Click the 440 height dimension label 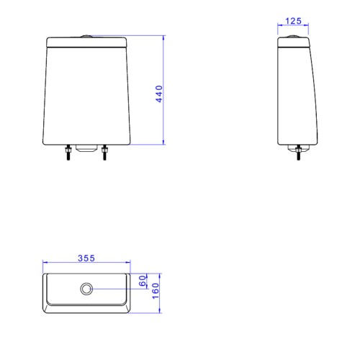pyautogui.click(x=159, y=94)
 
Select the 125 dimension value pyautogui.click(x=293, y=21)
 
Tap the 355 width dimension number pyautogui.click(x=86, y=258)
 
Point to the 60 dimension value pyautogui.click(x=143, y=281)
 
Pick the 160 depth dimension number pyautogui.click(x=156, y=291)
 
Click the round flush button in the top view pyautogui.click(x=86, y=289)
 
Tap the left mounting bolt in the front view pyautogui.click(x=68, y=153)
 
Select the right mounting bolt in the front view pyautogui.click(x=104, y=153)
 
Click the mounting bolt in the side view pyautogui.click(x=298, y=153)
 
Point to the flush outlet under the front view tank pyautogui.click(x=86, y=148)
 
